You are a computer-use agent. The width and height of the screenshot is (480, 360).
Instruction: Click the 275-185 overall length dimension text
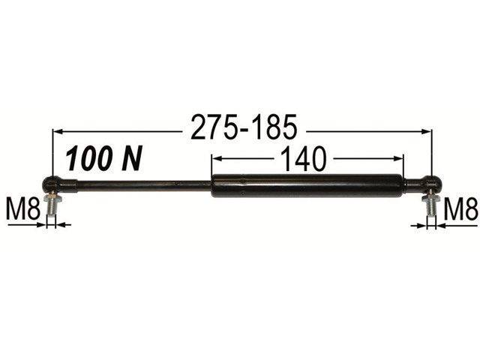(244, 127)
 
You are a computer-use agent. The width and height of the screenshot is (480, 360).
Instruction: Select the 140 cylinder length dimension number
(303, 158)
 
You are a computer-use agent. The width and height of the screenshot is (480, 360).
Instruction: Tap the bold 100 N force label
(103, 158)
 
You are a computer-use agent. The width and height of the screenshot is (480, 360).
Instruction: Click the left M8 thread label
(23, 209)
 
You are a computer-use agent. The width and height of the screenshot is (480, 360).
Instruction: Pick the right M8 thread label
(460, 209)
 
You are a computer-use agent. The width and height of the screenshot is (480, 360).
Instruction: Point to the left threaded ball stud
(52, 205)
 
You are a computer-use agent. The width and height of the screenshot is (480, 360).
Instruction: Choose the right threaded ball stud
(430, 205)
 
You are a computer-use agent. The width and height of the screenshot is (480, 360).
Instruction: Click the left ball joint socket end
(58, 184)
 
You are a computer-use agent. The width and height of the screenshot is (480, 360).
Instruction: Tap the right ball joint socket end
(423, 184)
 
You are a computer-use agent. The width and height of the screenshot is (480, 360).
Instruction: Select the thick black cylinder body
(307, 185)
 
